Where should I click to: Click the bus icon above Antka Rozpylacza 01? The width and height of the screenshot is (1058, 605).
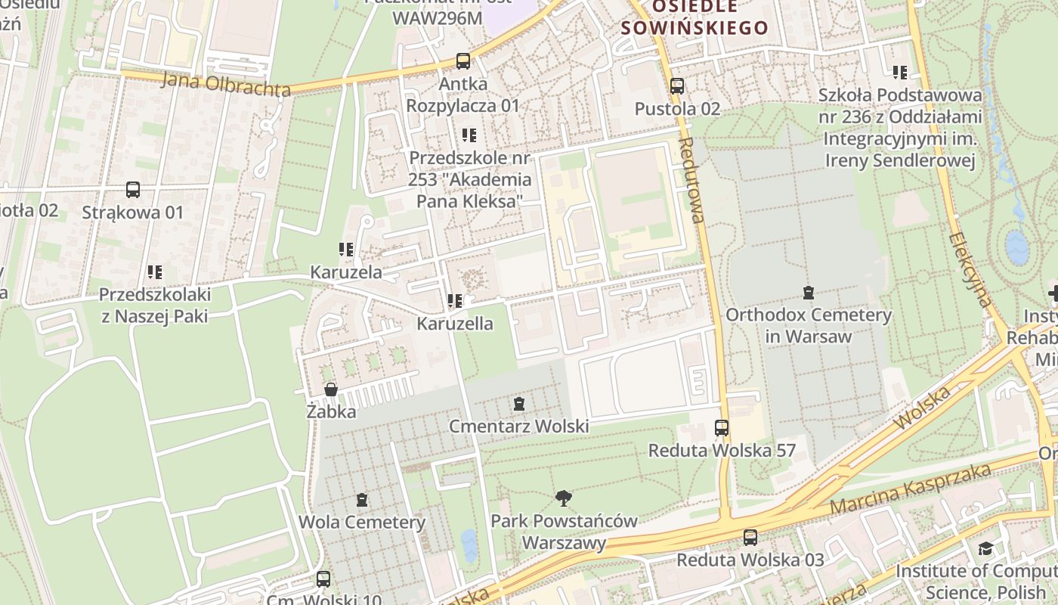(463, 61)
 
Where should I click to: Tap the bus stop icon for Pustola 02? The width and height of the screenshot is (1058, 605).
(677, 86)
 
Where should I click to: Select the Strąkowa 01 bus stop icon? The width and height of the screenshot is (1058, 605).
(133, 190)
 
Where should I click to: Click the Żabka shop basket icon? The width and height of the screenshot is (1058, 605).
(331, 390)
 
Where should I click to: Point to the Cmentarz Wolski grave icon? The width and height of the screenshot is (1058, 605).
(519, 405)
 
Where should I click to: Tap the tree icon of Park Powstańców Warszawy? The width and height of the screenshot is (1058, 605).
(563, 498)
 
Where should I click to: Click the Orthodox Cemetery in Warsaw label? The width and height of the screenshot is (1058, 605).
(808, 325)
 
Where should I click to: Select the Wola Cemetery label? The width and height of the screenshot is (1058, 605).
(362, 522)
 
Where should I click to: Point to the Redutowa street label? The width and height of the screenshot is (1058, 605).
(691, 180)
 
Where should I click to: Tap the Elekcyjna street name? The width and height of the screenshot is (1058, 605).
(970, 269)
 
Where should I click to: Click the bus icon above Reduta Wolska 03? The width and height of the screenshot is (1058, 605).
(750, 538)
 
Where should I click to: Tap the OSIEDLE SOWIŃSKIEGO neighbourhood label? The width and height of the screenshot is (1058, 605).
(694, 17)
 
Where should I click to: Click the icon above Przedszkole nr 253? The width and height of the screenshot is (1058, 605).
(469, 135)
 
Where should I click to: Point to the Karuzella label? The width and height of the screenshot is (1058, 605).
(455, 324)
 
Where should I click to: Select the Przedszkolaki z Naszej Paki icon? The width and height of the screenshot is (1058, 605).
(155, 271)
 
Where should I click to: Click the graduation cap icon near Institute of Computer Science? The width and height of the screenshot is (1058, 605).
(985, 548)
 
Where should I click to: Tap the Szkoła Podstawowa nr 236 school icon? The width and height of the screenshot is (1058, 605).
(899, 73)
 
